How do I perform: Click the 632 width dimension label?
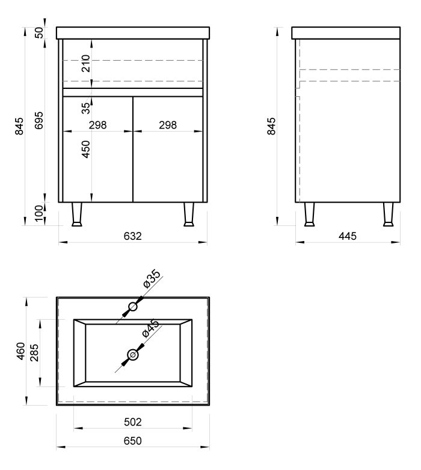tap(132, 236)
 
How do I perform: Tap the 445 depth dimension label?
tap(348, 236)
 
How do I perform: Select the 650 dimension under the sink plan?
tap(132, 441)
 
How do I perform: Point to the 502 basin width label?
tap(132, 422)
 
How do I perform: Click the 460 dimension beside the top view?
tap(20, 351)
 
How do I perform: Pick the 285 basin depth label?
tap(35, 353)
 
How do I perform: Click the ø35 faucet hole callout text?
tap(152, 279)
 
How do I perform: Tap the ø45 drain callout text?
tap(150, 329)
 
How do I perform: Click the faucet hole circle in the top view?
tap(132, 307)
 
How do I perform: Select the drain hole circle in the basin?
tap(132, 355)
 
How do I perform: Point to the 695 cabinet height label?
tap(39, 120)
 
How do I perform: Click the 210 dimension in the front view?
tap(86, 63)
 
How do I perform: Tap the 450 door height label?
tap(86, 149)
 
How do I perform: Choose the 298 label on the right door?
tap(168, 125)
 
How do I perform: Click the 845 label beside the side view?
tap(271, 126)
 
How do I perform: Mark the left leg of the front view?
tap(76, 215)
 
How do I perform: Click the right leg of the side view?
tap(389, 215)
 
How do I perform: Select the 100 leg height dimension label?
tap(39, 213)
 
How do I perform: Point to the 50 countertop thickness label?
tap(39, 32)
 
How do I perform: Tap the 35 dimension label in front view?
tap(86, 108)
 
